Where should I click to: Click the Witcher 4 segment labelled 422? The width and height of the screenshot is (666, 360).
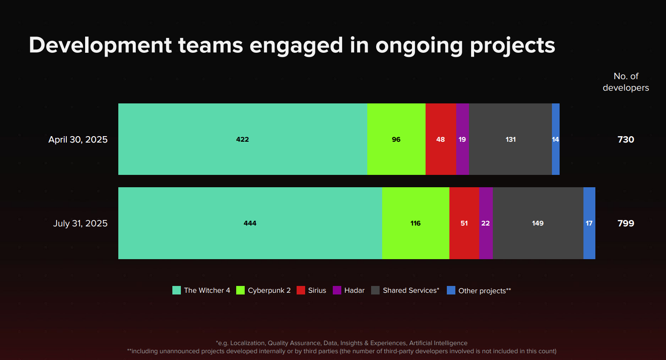click(243, 139)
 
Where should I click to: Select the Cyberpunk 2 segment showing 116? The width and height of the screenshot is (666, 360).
click(415, 223)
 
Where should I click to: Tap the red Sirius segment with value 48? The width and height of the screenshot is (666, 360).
click(440, 139)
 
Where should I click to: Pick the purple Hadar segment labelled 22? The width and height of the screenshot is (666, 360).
click(486, 223)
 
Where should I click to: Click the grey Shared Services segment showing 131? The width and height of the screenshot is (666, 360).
click(510, 139)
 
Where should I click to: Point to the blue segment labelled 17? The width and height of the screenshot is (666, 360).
click(589, 223)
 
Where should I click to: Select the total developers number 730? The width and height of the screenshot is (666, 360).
click(626, 140)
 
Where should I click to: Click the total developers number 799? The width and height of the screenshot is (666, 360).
click(626, 223)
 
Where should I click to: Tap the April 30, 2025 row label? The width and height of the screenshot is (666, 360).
click(78, 140)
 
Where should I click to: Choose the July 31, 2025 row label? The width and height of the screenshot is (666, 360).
click(80, 223)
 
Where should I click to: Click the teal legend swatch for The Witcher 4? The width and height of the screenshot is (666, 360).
click(177, 290)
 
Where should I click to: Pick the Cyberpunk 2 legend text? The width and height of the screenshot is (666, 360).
click(269, 290)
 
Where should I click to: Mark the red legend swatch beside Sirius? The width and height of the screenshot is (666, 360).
click(301, 290)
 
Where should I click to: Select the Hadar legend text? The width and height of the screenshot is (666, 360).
click(354, 290)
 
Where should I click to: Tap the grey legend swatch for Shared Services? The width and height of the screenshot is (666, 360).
click(375, 290)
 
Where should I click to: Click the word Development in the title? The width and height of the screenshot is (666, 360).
click(100, 45)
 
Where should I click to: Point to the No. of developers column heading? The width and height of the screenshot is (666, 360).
click(626, 82)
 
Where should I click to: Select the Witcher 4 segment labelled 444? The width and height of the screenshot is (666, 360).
click(250, 223)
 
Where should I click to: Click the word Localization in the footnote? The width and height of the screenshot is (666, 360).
click(247, 343)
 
